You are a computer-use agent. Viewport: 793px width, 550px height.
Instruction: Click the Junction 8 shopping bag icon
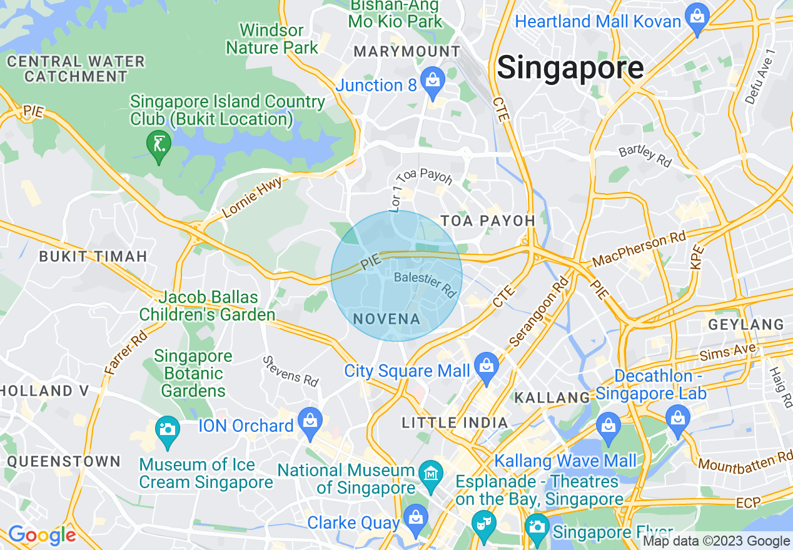coord(432,81)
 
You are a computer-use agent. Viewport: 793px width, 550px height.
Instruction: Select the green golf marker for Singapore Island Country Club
coord(158,146)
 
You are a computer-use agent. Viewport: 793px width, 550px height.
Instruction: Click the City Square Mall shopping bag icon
coord(487,366)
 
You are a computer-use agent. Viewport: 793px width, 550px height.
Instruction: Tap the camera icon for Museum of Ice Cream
coord(167,430)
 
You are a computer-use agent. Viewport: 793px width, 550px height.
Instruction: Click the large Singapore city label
coord(570,67)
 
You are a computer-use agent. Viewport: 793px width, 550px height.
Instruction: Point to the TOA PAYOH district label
coord(488,221)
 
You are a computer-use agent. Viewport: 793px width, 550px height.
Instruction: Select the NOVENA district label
coord(386,319)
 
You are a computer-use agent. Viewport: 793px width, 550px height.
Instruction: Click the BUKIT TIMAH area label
coord(93,256)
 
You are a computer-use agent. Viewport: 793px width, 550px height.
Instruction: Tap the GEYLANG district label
coord(745,324)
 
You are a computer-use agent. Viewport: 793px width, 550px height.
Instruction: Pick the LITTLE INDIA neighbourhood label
coord(455,423)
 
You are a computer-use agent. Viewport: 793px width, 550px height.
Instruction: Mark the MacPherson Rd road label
coord(639,249)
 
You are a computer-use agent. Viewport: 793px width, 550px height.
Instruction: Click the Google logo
coord(41,535)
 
